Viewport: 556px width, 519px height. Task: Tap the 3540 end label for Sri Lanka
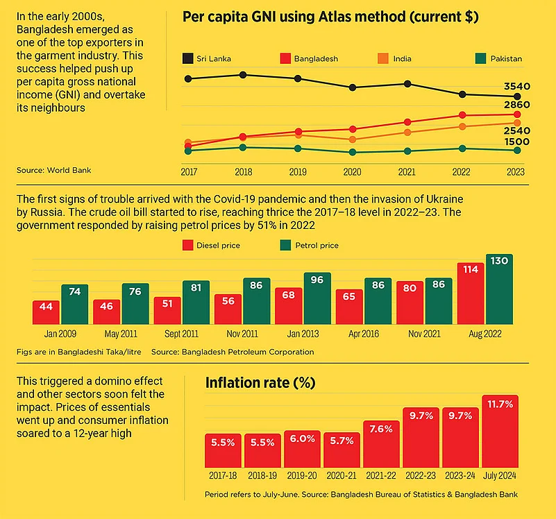click(517, 86)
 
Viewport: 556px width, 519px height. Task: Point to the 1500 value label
click(517, 142)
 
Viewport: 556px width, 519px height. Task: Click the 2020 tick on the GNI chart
click(353, 171)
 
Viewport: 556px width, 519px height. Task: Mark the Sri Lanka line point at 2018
click(243, 74)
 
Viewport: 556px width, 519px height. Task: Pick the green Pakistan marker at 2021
click(407, 151)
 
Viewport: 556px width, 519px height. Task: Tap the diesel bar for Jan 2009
click(46, 312)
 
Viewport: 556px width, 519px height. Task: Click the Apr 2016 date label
click(363, 334)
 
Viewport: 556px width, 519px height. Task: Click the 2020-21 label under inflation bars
click(342, 476)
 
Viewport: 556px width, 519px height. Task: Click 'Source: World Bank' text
click(54, 169)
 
